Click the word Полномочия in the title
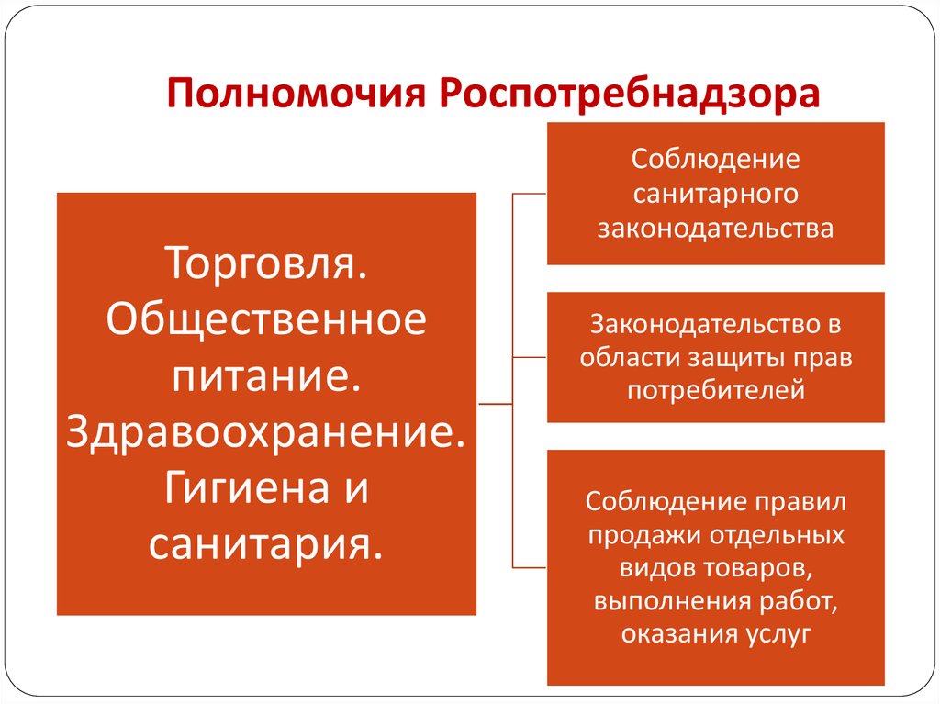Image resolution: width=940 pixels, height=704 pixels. tap(297, 94)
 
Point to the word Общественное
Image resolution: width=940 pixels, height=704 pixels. tap(266, 318)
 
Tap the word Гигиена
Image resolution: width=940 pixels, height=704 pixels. tap(246, 488)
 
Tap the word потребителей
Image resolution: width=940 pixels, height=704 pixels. tap(716, 391)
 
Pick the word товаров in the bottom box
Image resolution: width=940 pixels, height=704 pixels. tap(757, 567)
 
